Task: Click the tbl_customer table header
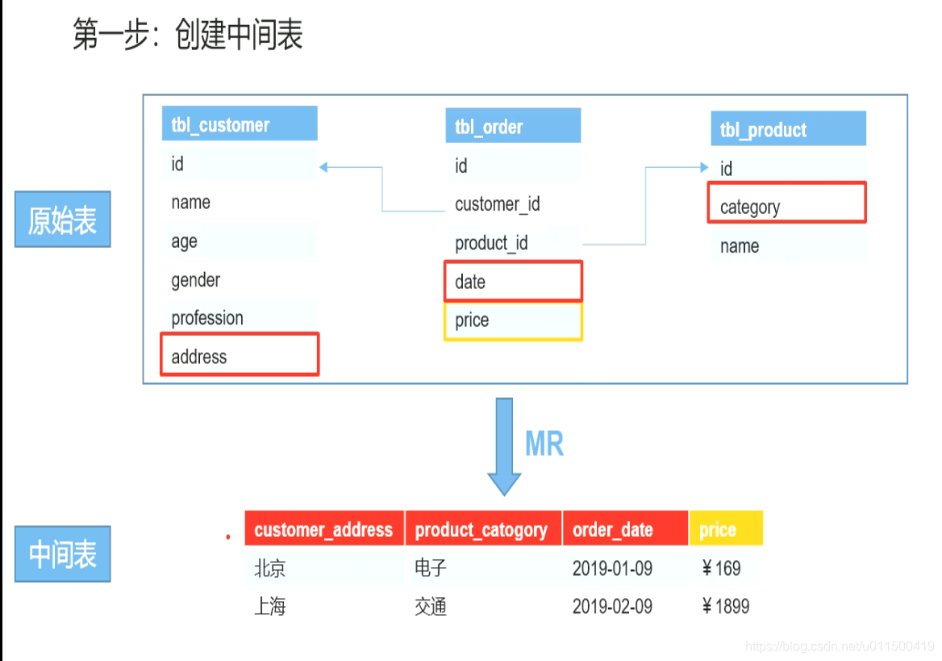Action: (239, 124)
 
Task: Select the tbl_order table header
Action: (513, 127)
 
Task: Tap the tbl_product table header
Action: (788, 129)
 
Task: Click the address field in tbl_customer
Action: (240, 355)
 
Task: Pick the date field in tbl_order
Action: (513, 281)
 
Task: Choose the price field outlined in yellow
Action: (513, 320)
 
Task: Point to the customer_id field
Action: (498, 204)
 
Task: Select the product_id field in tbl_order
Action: (492, 243)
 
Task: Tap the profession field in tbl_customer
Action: (207, 318)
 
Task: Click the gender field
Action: (196, 280)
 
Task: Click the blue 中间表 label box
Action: (62, 554)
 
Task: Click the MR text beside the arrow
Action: (544, 444)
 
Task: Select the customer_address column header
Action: (324, 529)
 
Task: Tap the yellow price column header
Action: (725, 529)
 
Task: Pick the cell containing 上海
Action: (270, 606)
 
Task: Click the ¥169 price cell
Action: (722, 568)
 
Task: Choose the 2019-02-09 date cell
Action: (613, 606)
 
